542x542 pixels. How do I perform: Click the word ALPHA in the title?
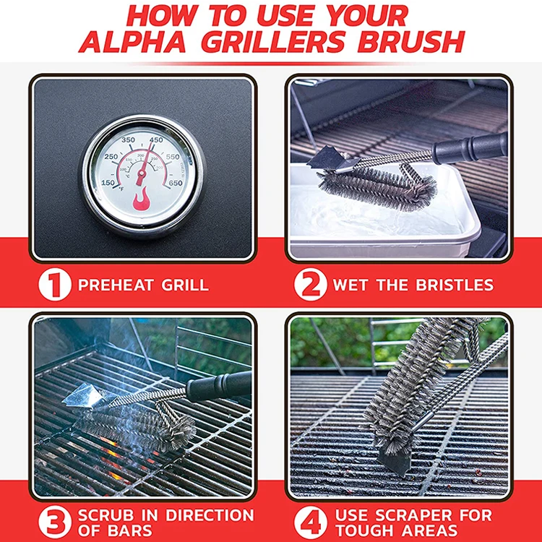(x=133, y=42)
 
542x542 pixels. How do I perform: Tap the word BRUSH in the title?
(x=411, y=42)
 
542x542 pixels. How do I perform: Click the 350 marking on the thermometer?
(x=128, y=140)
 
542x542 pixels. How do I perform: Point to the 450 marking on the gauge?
(x=156, y=140)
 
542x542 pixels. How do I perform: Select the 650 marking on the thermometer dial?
(x=176, y=183)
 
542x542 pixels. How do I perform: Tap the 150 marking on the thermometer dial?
(x=108, y=182)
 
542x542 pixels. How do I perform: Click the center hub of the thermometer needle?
(x=142, y=172)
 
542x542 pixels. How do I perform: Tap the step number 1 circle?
(x=55, y=285)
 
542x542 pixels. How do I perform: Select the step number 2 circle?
(x=311, y=285)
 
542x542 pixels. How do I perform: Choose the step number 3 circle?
(x=55, y=522)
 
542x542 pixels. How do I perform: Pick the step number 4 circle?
(x=311, y=522)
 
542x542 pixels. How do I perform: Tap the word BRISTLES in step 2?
(x=455, y=285)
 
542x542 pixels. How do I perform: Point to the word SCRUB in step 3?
(x=106, y=515)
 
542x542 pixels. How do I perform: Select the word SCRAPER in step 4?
(x=414, y=515)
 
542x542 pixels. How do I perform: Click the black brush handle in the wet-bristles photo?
(x=470, y=148)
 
